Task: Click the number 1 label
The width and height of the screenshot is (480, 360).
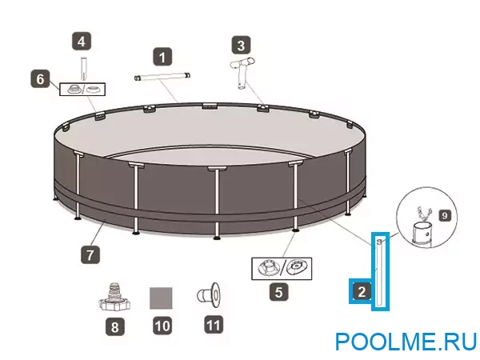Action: [163, 57]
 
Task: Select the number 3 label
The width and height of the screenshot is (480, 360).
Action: [242, 44]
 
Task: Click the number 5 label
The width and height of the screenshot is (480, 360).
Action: [278, 292]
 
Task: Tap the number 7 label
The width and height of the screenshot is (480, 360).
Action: [90, 256]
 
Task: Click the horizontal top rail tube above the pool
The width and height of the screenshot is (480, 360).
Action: [165, 77]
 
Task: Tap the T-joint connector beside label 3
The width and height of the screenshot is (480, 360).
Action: [242, 74]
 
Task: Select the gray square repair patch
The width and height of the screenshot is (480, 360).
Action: [162, 297]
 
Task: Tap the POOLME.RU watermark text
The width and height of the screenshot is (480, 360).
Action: [406, 342]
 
